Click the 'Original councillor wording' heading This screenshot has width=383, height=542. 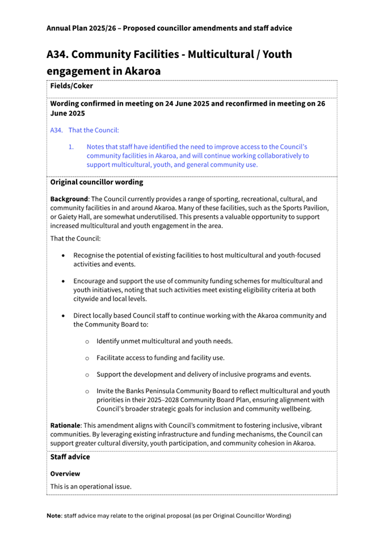96,183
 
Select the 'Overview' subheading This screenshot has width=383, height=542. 65,473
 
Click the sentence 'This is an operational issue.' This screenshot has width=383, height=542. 91,486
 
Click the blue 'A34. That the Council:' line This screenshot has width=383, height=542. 85,131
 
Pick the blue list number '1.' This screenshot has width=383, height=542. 71,146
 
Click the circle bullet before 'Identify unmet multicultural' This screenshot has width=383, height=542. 87,341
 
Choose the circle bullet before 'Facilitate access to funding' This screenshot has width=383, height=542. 87,358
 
